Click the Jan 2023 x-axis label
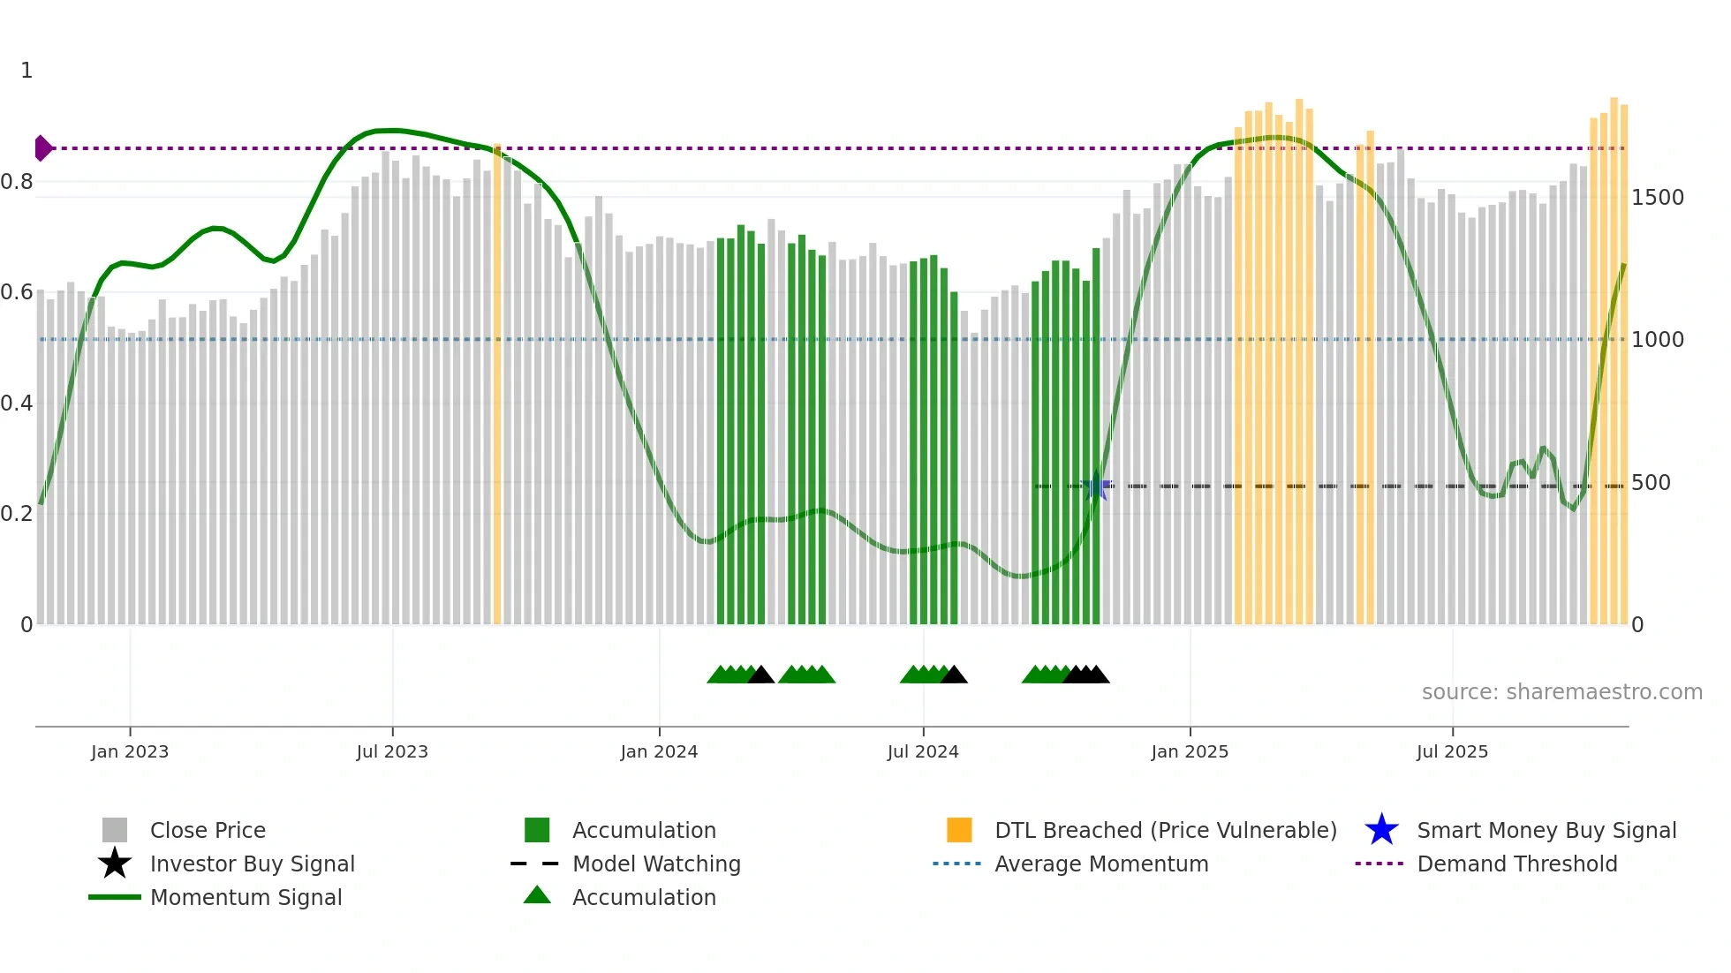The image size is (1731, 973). point(129,751)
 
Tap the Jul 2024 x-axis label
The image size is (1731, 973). point(922,751)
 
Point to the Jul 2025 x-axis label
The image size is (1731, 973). point(1452,751)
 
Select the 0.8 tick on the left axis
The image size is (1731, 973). point(17,182)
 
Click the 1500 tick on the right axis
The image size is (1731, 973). point(1657,198)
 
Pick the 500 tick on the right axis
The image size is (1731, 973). point(1650,483)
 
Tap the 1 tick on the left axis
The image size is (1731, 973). point(26,71)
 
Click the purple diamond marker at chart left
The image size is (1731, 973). point(42,148)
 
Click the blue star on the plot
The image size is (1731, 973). point(1096,486)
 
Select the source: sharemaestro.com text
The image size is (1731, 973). point(1561,692)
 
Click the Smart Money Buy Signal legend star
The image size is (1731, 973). point(1381,830)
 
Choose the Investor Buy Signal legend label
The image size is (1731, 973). point(252,864)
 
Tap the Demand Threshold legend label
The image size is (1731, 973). point(1516,864)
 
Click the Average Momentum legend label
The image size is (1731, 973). point(1100,864)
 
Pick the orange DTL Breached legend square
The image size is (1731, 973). point(959,830)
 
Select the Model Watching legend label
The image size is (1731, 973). point(656,864)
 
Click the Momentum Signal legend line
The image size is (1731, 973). point(115,897)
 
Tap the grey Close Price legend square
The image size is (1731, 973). point(115,830)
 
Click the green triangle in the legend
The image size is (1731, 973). point(537,895)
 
